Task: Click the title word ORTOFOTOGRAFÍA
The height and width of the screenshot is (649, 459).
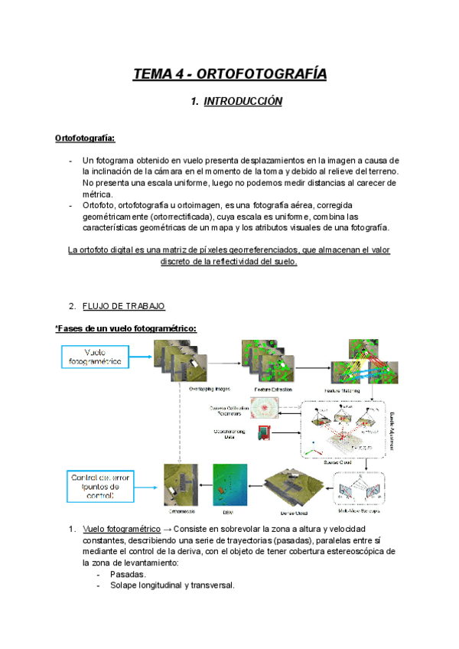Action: point(262,74)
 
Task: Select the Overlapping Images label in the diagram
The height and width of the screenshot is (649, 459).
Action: point(210,389)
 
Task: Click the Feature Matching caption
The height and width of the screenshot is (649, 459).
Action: point(352,389)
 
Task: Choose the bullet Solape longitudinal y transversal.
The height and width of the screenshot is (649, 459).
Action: point(172,585)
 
